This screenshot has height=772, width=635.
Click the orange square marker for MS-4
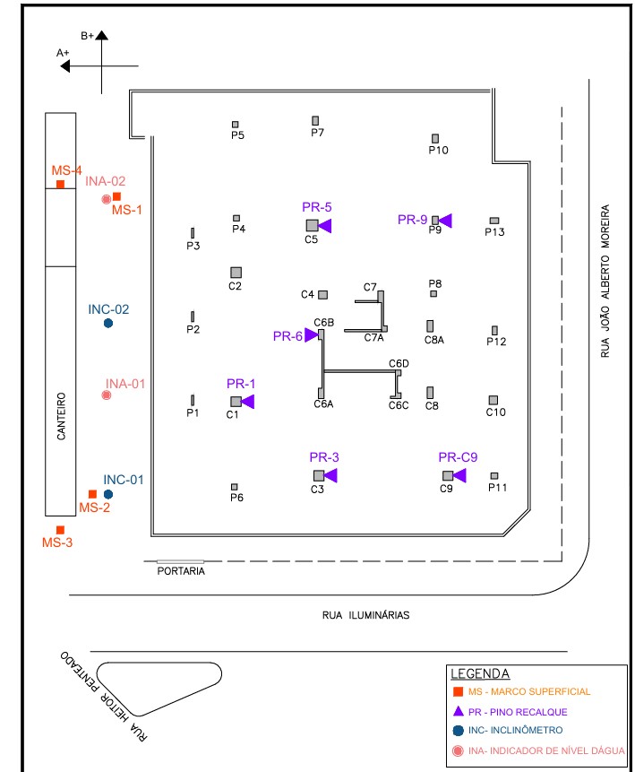pos(60,185)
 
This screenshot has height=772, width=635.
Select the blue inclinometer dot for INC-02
pos(108,323)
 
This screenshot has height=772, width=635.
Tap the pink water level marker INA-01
pos(107,395)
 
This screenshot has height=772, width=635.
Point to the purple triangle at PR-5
pos(325,225)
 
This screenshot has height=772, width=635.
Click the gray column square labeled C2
pos(236,272)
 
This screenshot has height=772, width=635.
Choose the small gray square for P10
pos(435,138)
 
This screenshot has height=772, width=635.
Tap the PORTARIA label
pos(181,571)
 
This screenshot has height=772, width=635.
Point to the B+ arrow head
pos(102,36)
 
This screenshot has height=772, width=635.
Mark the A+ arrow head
pos(65,65)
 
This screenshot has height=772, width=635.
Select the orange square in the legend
pos(458,692)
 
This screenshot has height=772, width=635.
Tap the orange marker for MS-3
pos(60,530)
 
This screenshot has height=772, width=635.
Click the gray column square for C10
pos(493,400)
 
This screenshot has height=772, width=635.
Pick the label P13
pos(494,232)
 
